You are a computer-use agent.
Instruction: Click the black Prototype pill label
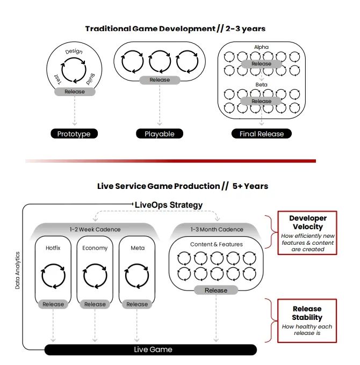point(74,134)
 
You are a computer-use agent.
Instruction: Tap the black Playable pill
point(160,134)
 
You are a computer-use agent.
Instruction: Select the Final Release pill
point(262,134)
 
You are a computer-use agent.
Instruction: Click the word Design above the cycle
point(74,51)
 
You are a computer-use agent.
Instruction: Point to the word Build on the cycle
point(91,79)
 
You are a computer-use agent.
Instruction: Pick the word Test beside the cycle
point(58,79)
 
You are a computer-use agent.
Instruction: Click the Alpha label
point(261,47)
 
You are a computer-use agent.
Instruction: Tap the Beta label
point(261,84)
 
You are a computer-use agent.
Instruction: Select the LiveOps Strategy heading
point(169,205)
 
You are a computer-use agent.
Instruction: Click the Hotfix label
point(53,248)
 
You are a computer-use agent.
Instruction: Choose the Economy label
point(95,248)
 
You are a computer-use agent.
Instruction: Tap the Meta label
point(138,248)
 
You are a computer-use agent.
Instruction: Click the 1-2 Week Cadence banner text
point(95,229)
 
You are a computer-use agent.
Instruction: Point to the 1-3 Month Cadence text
point(217,229)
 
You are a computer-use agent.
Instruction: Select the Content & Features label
point(216,244)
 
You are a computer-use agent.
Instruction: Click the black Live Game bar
point(150,349)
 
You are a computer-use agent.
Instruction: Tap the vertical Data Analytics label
point(18,271)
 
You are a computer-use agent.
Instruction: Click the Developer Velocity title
point(308,222)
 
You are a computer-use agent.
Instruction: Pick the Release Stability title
point(307,313)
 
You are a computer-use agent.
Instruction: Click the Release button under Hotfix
point(53,304)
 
